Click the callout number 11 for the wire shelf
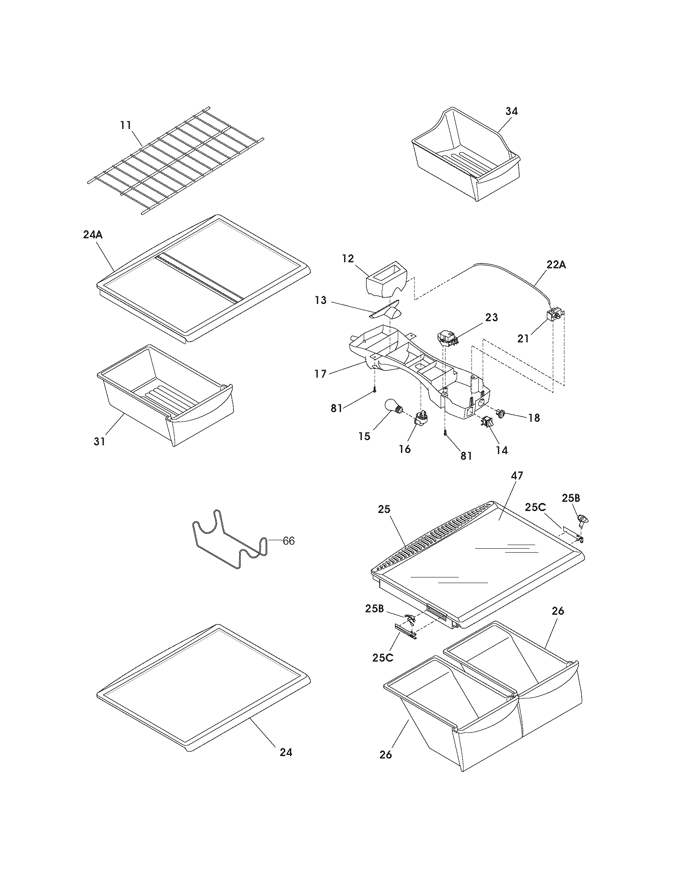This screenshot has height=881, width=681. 125,125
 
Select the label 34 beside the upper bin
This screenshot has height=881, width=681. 511,111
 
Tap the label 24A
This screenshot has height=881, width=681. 93,235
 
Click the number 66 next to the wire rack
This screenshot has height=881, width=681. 288,541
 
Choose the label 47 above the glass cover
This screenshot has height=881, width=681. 517,476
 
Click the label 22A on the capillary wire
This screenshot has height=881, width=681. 556,265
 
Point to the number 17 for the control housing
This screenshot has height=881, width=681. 321,374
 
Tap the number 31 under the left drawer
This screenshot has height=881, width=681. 100,441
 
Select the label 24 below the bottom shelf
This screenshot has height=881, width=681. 286,752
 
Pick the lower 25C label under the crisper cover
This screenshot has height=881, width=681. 383,658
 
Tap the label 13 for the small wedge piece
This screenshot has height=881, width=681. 321,300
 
